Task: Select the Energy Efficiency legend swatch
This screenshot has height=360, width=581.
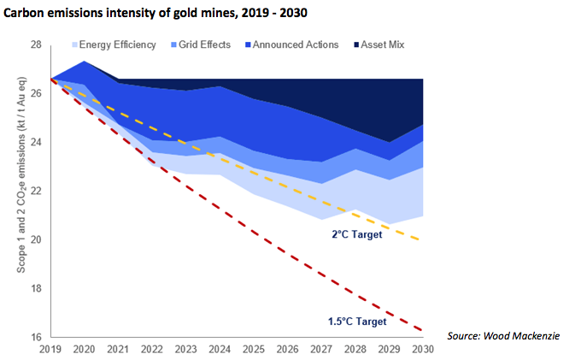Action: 75,44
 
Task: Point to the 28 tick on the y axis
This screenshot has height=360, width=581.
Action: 35,44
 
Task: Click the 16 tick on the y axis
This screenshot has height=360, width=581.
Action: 35,337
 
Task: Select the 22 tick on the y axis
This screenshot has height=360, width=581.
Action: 35,191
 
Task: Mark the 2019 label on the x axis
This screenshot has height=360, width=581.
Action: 50,349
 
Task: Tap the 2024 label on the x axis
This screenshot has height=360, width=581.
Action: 220,349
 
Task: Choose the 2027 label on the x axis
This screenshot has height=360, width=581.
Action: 321,349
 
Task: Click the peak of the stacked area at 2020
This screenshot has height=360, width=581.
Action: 84,62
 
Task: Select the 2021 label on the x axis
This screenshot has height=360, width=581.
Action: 118,349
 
